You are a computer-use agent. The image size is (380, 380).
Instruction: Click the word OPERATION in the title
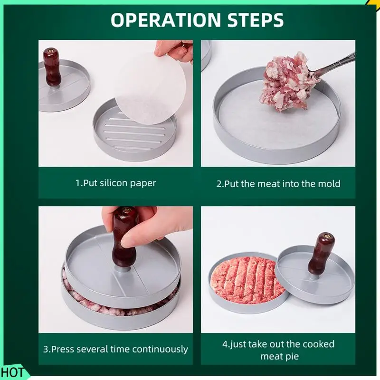tap(166, 20)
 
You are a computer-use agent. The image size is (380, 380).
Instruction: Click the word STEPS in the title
tap(256, 20)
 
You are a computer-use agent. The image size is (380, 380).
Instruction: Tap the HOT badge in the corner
tap(12, 372)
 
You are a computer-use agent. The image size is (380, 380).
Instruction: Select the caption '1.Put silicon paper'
tap(115, 183)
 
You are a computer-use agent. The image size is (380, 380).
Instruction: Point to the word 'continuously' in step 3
tap(160, 350)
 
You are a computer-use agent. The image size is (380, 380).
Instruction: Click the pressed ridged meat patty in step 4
tap(247, 278)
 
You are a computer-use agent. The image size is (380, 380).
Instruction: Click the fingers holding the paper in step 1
tap(173, 50)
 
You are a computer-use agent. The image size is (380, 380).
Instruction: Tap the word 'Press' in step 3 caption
tap(62, 349)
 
